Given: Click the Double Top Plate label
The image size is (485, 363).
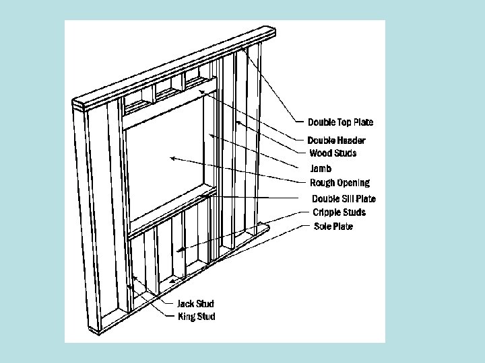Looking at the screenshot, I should point(340,122).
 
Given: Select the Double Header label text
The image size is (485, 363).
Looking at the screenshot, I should point(337,140).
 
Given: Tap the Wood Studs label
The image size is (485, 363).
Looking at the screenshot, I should point(333,153).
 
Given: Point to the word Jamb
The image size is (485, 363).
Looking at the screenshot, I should point(321,169).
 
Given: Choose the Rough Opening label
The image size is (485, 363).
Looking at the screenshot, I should point(339,183).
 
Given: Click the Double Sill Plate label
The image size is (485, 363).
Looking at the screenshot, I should point(344,199).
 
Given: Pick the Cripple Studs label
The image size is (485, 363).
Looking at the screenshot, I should point(339,212).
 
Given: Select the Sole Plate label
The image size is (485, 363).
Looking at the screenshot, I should point(333,227).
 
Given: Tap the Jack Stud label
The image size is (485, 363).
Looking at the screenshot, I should point(195,304).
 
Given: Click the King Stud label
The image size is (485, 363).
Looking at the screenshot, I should point(196,317).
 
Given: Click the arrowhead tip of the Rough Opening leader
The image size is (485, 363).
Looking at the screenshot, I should point(170,158).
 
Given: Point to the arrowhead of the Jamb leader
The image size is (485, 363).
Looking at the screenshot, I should point(210,135).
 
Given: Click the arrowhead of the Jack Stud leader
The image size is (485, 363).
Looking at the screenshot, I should point(134,277).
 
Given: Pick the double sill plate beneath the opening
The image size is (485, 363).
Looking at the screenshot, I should point(172,211).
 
